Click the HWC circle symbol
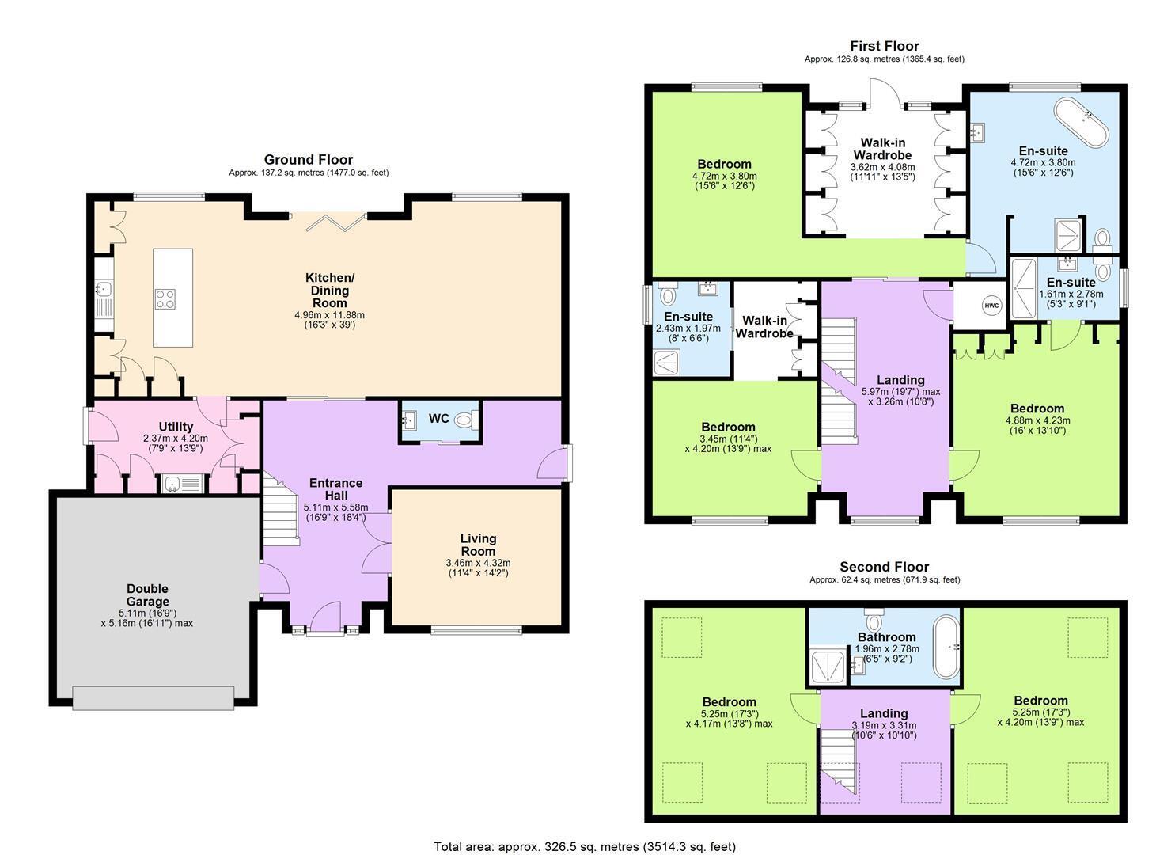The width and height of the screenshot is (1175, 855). pyautogui.click(x=991, y=306)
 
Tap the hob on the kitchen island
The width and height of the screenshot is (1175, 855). pyautogui.click(x=165, y=299)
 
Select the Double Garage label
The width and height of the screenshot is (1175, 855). pyautogui.click(x=148, y=595)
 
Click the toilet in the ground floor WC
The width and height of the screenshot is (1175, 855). pyautogui.click(x=466, y=419)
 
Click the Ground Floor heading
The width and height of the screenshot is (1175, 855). pyautogui.click(x=309, y=160)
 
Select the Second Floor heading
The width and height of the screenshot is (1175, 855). pyautogui.click(x=885, y=567)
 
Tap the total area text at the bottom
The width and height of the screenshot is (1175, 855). pyautogui.click(x=585, y=846)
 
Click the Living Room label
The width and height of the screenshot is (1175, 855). pyautogui.click(x=478, y=545)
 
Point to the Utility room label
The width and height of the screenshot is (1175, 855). pyautogui.click(x=176, y=427)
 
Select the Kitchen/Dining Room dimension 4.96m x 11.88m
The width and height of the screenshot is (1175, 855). pyautogui.click(x=329, y=315)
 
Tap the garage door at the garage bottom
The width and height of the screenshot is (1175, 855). pyautogui.click(x=154, y=698)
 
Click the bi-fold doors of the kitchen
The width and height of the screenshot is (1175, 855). pyautogui.click(x=335, y=222)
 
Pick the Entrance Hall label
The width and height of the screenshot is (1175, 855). pyautogui.click(x=335, y=489)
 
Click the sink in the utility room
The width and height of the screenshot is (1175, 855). pyautogui.click(x=181, y=484)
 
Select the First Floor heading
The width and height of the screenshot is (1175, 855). pyautogui.click(x=885, y=46)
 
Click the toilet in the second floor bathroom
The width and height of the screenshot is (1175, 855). pyautogui.click(x=874, y=620)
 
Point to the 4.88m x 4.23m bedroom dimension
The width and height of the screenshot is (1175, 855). pyautogui.click(x=1037, y=420)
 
